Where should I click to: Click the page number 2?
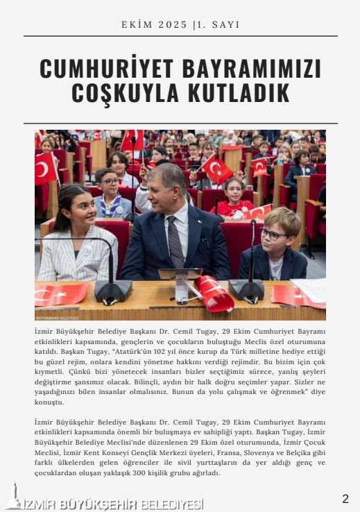(x=345, y=498)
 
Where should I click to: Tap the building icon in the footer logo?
(x=12, y=497)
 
